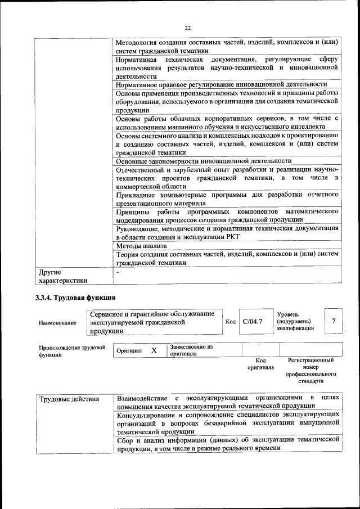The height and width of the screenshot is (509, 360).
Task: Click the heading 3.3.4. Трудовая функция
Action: click(x=75, y=296)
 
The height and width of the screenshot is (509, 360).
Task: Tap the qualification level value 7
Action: click(x=334, y=321)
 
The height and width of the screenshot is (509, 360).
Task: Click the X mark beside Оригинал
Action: click(x=154, y=350)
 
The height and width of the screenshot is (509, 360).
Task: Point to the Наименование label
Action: click(x=57, y=323)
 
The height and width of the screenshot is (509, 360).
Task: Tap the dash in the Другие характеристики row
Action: click(x=118, y=272)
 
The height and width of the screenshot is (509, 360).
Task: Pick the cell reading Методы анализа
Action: click(x=141, y=246)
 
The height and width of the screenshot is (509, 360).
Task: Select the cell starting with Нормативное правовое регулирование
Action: click(x=225, y=84)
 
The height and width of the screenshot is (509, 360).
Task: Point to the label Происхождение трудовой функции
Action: click(x=72, y=351)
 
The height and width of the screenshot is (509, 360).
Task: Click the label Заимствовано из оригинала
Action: click(x=191, y=350)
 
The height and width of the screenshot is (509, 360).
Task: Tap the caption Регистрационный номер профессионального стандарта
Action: click(x=310, y=370)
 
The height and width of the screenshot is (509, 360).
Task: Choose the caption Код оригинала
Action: click(x=260, y=363)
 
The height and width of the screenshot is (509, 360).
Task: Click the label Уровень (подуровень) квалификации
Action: click(x=296, y=321)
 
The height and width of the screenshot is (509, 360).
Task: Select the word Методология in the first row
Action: click(x=138, y=42)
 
